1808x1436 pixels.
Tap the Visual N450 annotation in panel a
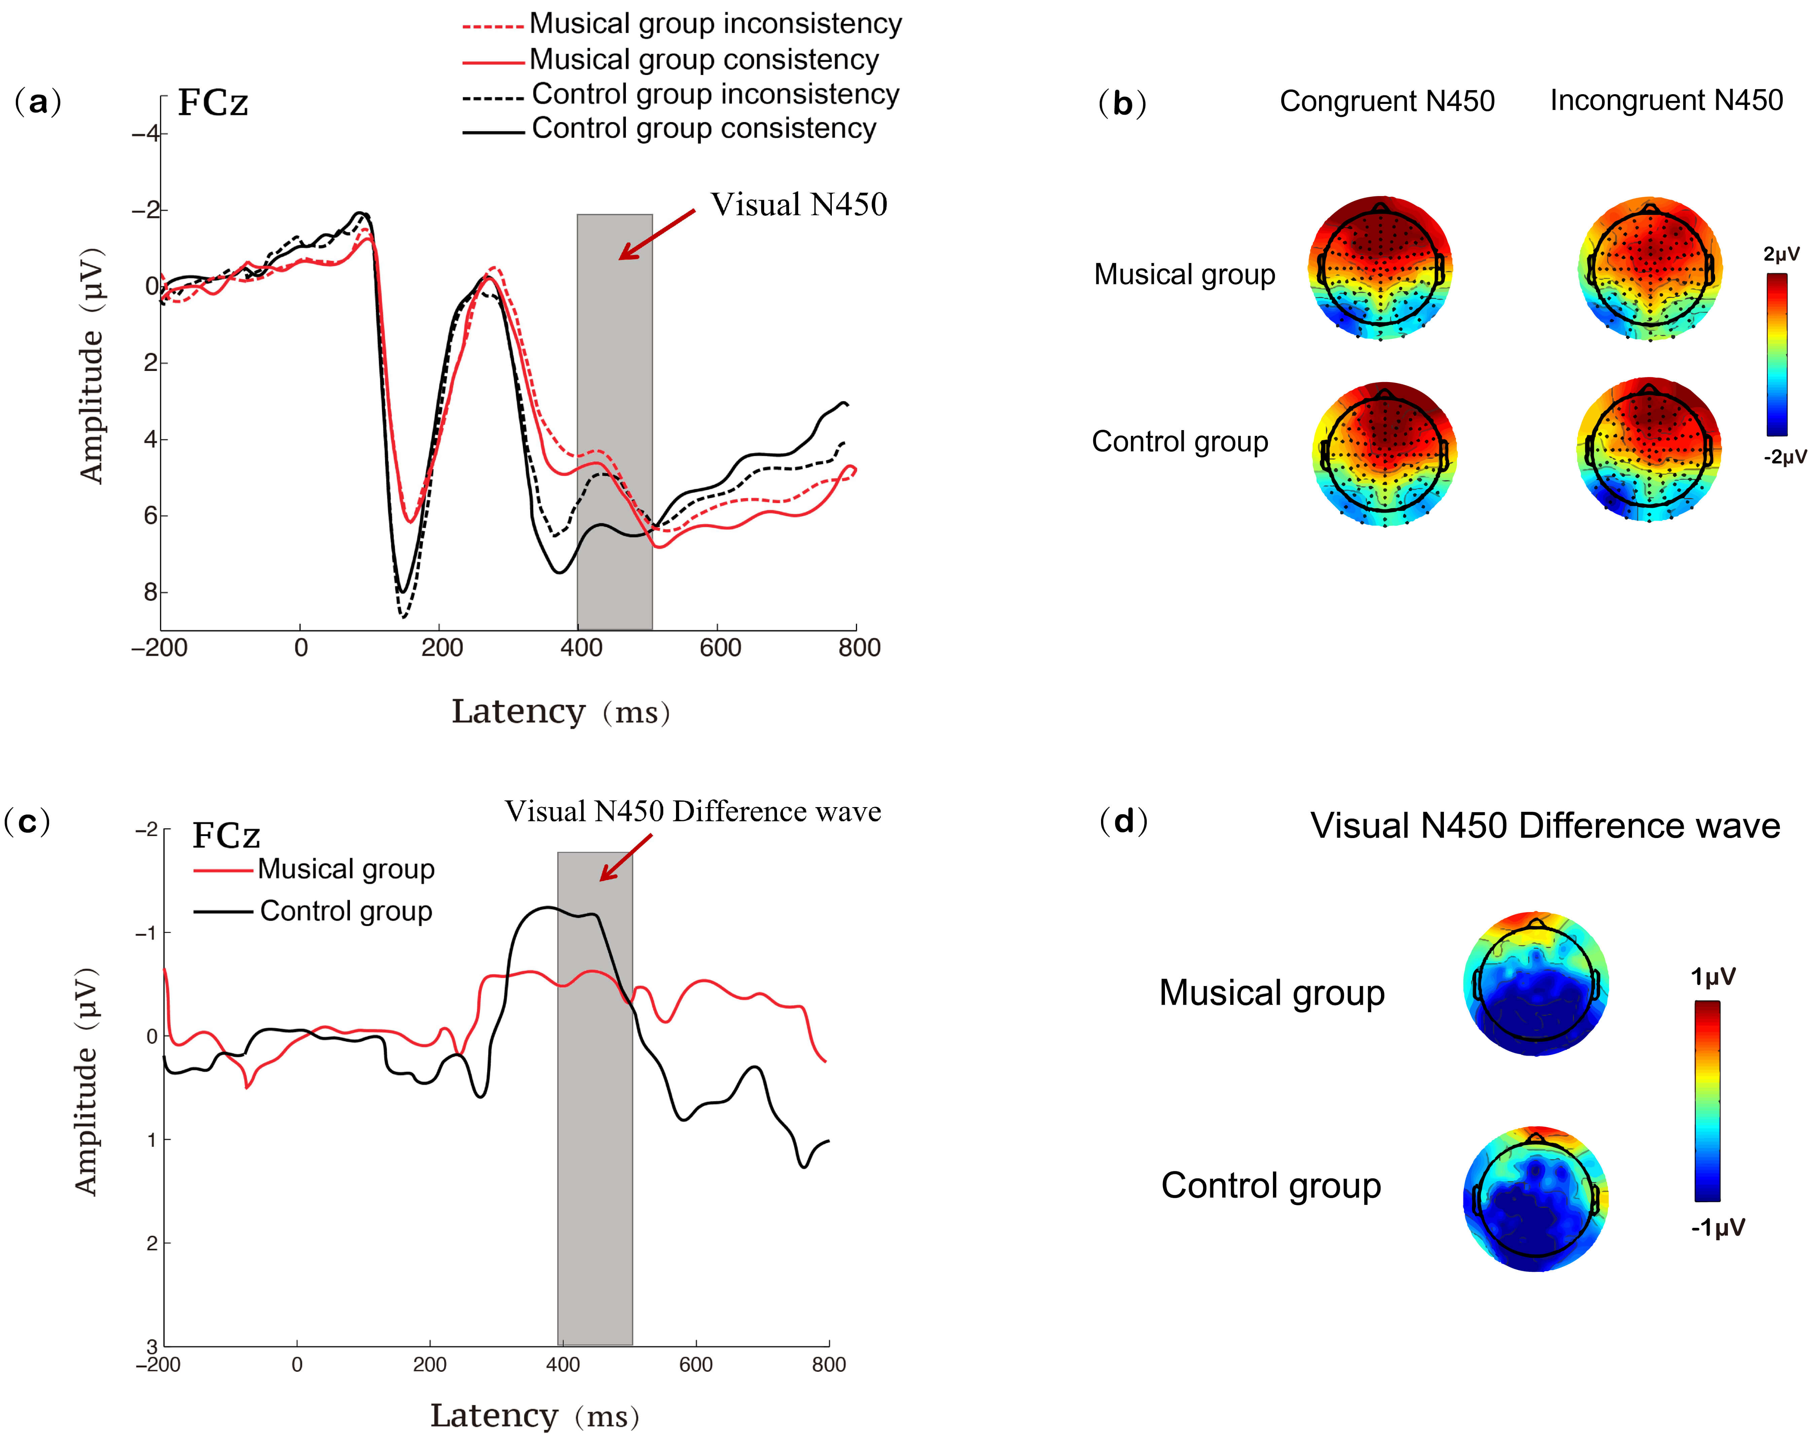tap(798, 204)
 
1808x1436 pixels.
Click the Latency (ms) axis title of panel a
tap(560, 712)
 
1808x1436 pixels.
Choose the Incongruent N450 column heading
tap(1665, 101)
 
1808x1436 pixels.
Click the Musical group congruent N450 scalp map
tap(1380, 268)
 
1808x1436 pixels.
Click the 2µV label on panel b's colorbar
tap(1781, 254)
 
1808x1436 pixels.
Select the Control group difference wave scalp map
tap(1535, 1199)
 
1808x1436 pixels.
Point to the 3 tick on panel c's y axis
tap(152, 1346)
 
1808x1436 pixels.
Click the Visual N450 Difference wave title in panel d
tap(1545, 826)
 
